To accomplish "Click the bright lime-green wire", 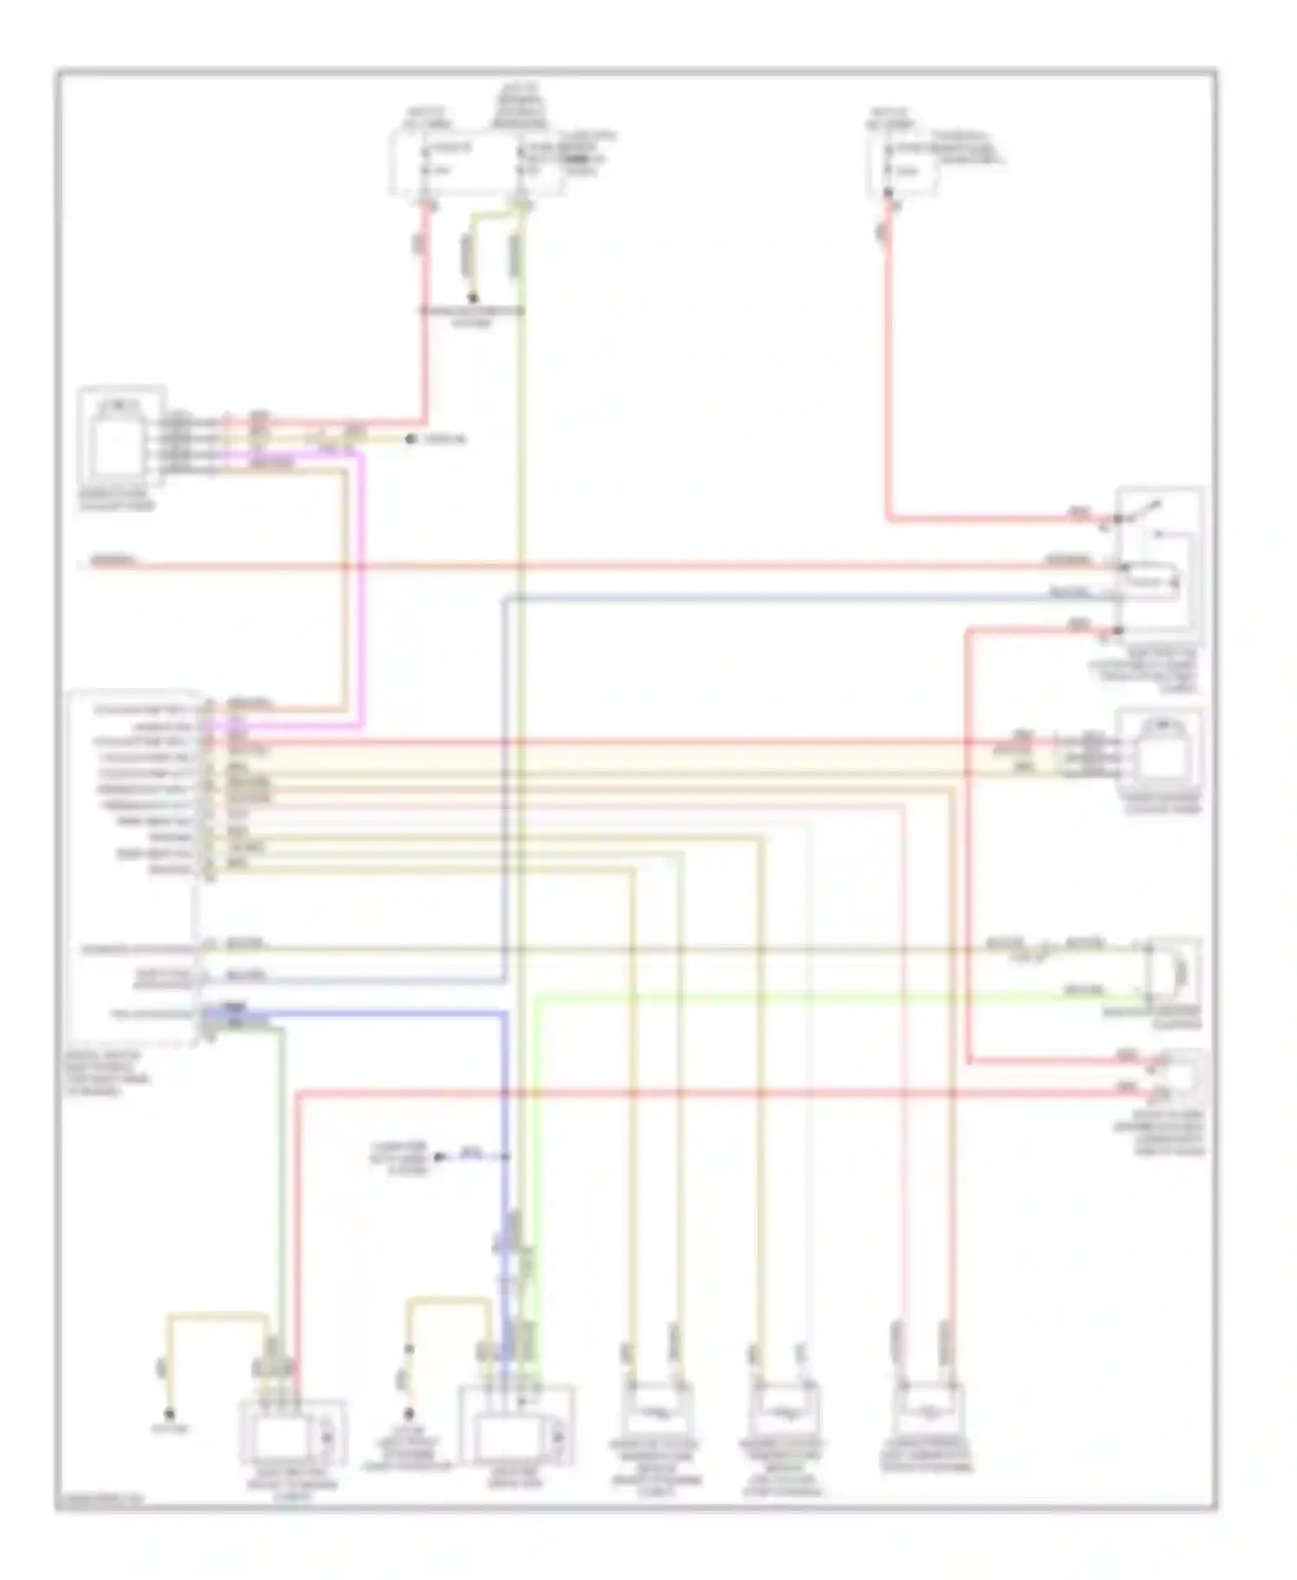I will (x=778, y=997).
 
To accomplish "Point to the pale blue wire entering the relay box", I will (x=778, y=598).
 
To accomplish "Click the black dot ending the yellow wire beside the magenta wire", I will (x=412, y=440).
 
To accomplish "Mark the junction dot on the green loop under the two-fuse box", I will (x=473, y=297).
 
